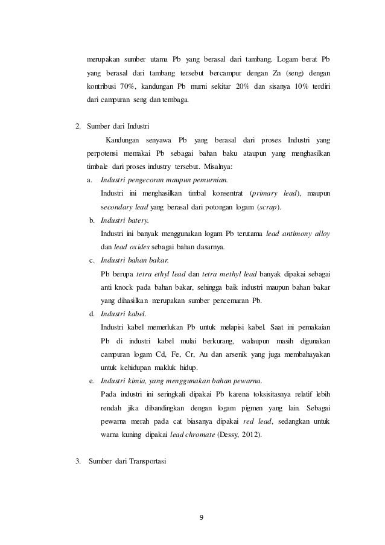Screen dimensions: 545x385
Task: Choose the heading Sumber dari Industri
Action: point(118,127)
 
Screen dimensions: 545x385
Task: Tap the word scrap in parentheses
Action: point(269,206)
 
